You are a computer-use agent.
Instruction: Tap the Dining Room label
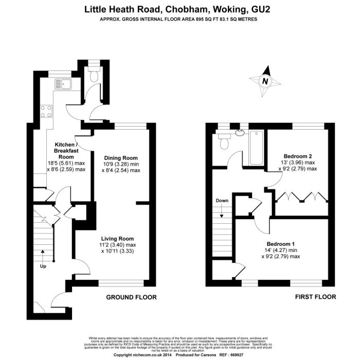[x=121, y=158]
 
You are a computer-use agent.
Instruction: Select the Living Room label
[x=117, y=239]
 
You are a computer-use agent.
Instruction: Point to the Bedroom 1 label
[x=280, y=244]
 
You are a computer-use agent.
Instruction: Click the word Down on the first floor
[x=222, y=201]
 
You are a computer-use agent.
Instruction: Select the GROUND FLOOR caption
[x=131, y=297]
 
